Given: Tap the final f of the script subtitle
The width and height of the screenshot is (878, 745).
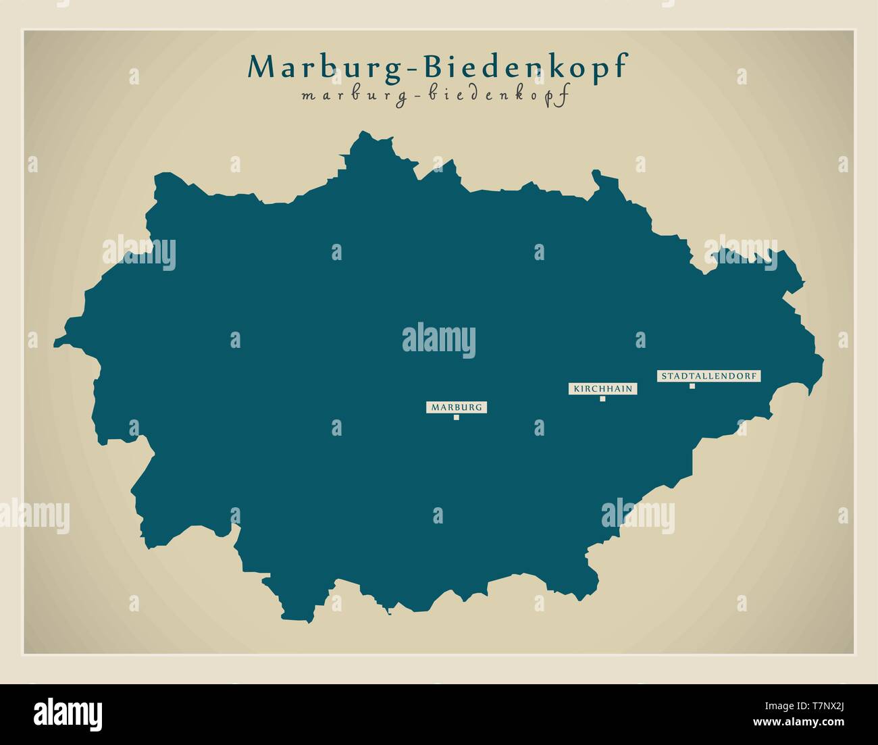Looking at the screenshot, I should [x=561, y=95].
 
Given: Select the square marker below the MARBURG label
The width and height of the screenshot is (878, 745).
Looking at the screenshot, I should [x=457, y=417].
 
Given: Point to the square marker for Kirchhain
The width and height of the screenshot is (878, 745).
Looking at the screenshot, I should [x=602, y=399].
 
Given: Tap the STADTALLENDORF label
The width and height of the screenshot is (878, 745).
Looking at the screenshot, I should [x=708, y=376].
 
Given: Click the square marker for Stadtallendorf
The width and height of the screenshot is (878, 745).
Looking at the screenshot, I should [x=692, y=386].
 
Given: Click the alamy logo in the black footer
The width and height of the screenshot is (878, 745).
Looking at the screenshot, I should [x=68, y=713].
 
